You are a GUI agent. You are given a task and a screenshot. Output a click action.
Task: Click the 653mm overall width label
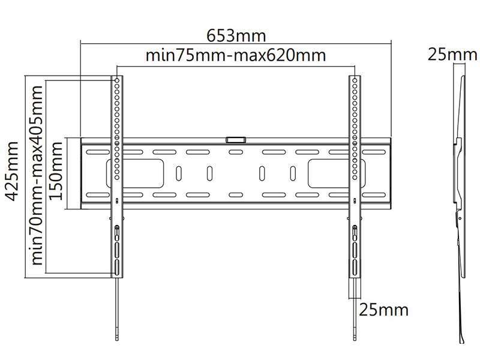coord(236,35)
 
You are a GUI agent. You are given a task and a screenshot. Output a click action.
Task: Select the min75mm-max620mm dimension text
coord(235,55)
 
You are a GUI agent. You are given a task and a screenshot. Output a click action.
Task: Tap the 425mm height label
coord(13,171)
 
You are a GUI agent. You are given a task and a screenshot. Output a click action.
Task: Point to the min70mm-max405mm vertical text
coord(37,175)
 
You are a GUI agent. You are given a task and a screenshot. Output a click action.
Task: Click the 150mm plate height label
coord(56,171)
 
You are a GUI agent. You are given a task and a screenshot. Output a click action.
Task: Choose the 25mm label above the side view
coord(452,55)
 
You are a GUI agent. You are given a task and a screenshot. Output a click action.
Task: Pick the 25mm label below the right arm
coord(383,310)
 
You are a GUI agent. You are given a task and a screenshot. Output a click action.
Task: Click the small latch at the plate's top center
coord(236,140)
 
